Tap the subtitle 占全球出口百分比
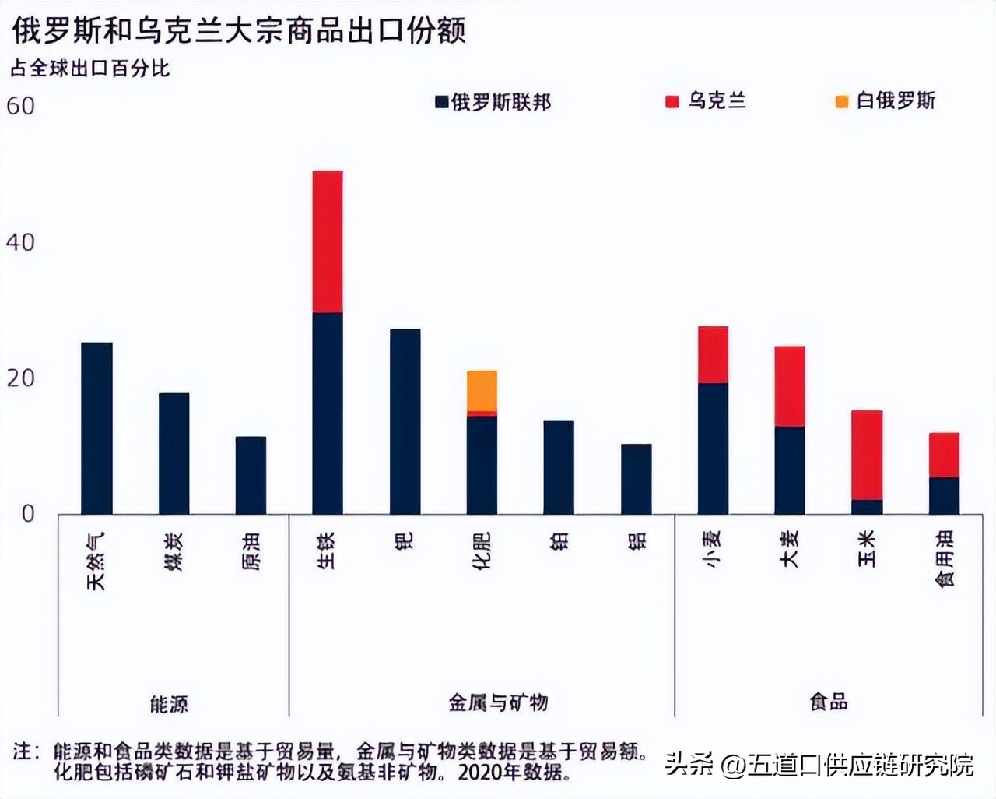pos(89,69)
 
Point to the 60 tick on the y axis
pos(21,106)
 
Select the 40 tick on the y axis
pos(21,242)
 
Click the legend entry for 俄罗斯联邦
pos(493,102)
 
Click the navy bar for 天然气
pos(96,428)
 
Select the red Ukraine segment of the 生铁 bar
pos(328,241)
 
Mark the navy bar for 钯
pos(405,421)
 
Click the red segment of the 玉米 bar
pos(867,455)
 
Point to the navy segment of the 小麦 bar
pos(713,448)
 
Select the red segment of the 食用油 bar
pos(944,455)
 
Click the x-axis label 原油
pos(251,551)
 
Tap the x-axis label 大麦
pos(790,548)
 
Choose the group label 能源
pos(169,704)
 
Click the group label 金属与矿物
pos(498,702)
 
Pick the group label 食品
pos(828,702)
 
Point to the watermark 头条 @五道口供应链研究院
pos(819,765)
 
